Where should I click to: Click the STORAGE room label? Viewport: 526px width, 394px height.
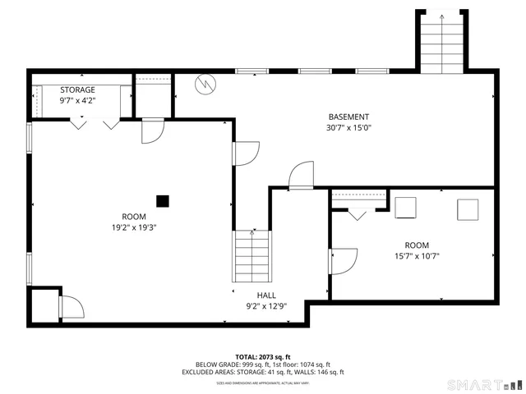click(x=77, y=89)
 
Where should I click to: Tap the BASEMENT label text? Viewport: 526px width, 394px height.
click(x=348, y=117)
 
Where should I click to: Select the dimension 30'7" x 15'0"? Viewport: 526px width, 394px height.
click(x=348, y=127)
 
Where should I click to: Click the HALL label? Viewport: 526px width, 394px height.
click(x=266, y=295)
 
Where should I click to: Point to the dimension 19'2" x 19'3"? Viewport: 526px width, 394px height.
click(x=134, y=227)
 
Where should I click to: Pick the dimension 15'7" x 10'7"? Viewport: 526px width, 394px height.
click(x=417, y=255)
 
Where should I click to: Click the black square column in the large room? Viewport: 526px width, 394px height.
click(x=163, y=199)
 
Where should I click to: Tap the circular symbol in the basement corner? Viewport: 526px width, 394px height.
click(x=205, y=84)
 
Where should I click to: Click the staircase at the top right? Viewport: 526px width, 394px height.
click(x=441, y=43)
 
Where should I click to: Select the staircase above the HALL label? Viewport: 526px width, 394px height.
click(x=252, y=256)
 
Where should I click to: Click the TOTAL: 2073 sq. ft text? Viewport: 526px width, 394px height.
click(x=263, y=356)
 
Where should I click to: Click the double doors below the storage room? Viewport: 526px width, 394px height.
click(x=94, y=125)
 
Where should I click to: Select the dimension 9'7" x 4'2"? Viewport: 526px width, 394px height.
click(x=77, y=100)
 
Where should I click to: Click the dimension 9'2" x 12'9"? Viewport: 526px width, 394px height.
click(x=266, y=306)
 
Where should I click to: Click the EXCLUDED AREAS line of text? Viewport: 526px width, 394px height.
click(x=263, y=372)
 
